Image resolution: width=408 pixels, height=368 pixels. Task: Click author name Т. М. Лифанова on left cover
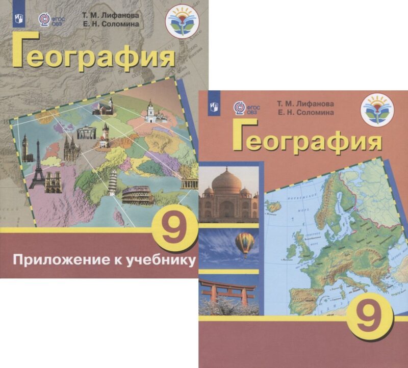(110, 15)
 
